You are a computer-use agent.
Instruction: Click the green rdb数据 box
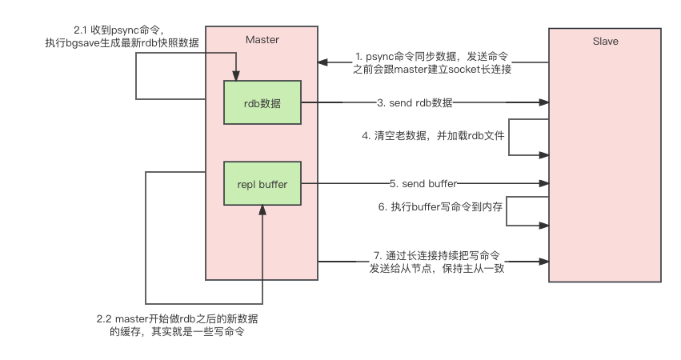262,102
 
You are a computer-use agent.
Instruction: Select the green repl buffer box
262,184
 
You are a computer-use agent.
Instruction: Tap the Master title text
262,40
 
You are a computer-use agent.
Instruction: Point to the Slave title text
604,41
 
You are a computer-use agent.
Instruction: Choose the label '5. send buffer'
423,184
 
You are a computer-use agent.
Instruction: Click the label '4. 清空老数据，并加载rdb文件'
434,136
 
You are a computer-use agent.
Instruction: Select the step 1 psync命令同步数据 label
432,62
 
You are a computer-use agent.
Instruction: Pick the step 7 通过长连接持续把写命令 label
436,262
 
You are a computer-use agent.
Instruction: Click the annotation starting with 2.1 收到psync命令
121,36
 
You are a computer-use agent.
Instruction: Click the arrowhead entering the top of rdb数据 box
236,77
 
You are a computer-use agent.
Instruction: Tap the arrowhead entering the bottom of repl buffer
262,209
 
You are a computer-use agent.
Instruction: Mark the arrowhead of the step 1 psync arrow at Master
322,62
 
